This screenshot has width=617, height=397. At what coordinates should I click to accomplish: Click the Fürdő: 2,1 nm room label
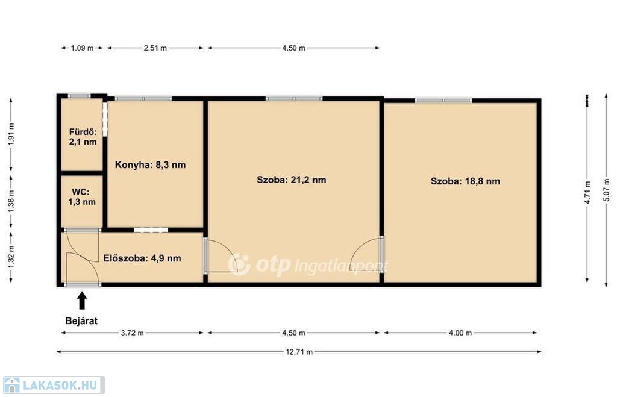83,137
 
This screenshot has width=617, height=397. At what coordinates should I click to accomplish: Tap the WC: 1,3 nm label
82,197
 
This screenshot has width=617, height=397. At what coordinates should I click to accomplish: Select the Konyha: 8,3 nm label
150,165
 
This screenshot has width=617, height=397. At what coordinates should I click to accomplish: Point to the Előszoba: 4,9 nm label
142,258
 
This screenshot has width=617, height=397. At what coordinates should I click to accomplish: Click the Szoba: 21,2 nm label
291,180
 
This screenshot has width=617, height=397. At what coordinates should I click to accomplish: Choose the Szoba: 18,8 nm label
465,181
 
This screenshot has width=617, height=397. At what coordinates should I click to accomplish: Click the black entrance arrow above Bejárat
82,300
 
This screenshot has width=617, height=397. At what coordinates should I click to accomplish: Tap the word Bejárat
81,320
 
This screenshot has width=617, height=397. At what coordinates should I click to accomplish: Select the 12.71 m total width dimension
299,352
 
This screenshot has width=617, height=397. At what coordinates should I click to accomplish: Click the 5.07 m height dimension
606,190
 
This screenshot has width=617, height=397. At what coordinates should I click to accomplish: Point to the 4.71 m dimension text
587,192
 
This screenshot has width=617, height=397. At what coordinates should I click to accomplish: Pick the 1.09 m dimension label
82,48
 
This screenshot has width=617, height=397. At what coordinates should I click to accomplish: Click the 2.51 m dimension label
155,48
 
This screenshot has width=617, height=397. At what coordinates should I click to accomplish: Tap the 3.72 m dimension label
132,333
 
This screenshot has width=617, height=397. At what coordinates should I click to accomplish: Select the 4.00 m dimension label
460,333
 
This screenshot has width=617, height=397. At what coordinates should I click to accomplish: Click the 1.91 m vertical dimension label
11,134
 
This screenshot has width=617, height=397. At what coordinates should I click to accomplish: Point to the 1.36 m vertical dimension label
11,201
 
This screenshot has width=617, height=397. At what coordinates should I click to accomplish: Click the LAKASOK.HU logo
54,385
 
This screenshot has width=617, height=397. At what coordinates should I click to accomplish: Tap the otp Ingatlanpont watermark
308,265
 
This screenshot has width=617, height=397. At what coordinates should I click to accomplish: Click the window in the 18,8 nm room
443,101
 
